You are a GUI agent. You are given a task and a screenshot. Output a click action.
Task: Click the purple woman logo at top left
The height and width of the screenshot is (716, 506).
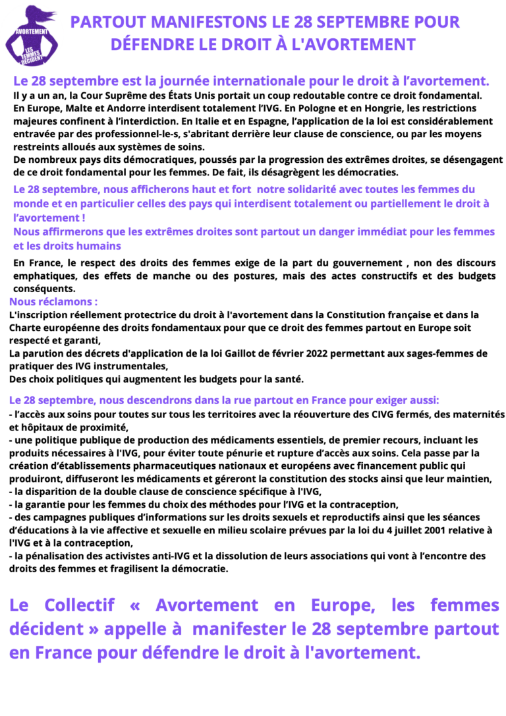pos(30,32)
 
